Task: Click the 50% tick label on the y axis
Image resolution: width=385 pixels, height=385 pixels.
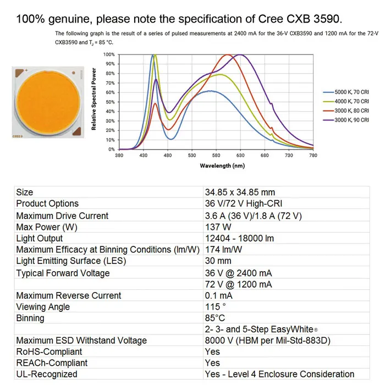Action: click(109, 102)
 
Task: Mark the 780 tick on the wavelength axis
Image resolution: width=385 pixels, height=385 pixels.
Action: click(313, 156)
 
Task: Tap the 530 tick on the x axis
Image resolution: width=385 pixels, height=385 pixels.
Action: click(192, 156)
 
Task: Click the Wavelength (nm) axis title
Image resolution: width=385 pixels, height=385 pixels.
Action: click(222, 166)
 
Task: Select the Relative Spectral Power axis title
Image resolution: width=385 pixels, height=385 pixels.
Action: click(94, 99)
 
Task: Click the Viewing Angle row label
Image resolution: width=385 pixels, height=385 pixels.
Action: click(43, 307)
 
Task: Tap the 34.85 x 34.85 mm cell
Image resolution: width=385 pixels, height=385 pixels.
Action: click(239, 192)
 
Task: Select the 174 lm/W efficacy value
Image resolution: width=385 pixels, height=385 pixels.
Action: click(223, 250)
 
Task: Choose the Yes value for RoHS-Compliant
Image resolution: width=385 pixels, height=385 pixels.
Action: click(212, 351)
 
